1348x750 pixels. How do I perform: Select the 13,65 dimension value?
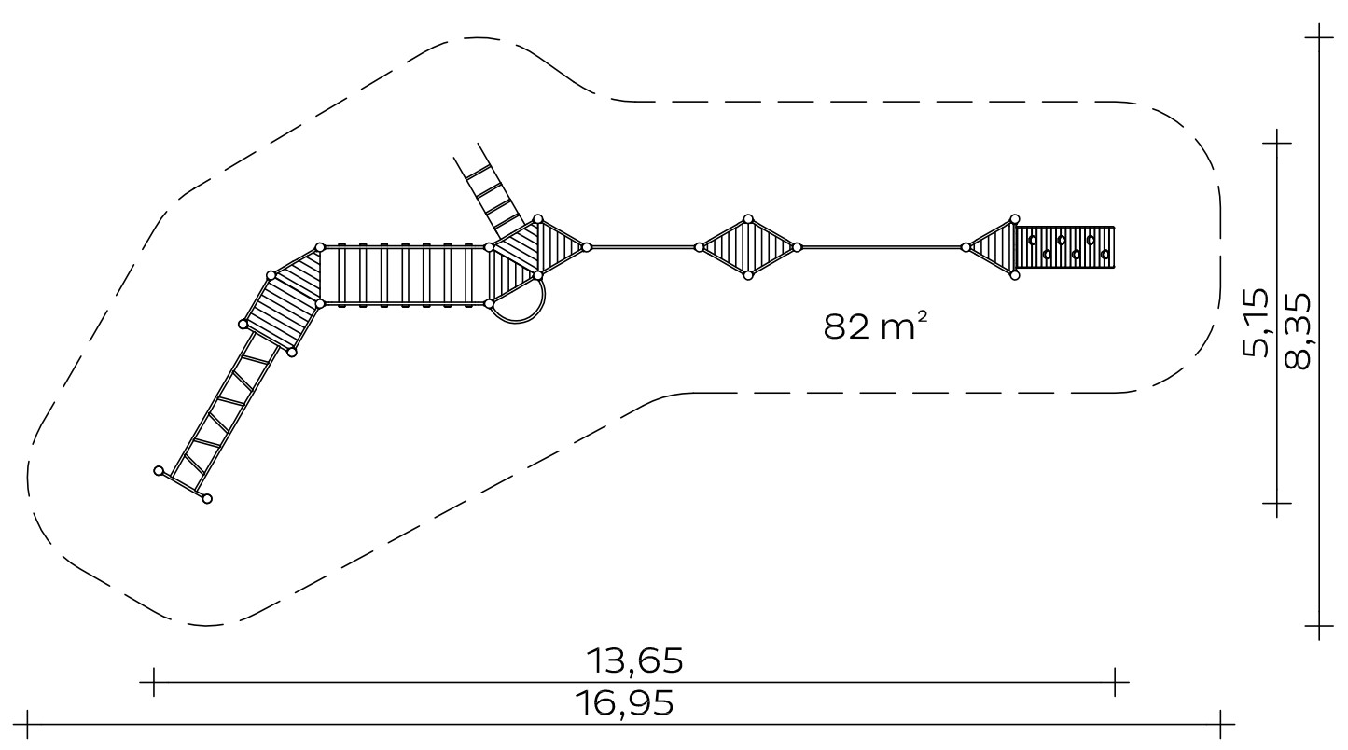coord(635,661)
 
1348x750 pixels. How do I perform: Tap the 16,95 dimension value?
coord(625,703)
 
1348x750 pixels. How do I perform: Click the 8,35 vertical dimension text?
coord(1298,331)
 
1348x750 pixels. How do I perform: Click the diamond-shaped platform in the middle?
coord(748,247)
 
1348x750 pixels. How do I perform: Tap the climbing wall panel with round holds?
coord(1064,247)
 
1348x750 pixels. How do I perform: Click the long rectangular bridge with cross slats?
coord(404,275)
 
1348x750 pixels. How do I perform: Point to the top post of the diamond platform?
coord(748,219)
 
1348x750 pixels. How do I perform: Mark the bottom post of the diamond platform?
coord(748,275)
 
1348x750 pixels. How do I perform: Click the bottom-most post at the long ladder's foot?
coord(206,498)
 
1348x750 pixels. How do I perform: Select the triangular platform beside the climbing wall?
coord(992,247)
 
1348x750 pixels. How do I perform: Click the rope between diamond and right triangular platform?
coord(882,247)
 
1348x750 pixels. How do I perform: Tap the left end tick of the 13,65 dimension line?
coord(153,682)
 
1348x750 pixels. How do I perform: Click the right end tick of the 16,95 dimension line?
coord(1220,724)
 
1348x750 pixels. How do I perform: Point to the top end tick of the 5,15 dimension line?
coord(1276,143)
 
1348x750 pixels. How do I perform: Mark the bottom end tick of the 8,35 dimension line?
coord(1318,626)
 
